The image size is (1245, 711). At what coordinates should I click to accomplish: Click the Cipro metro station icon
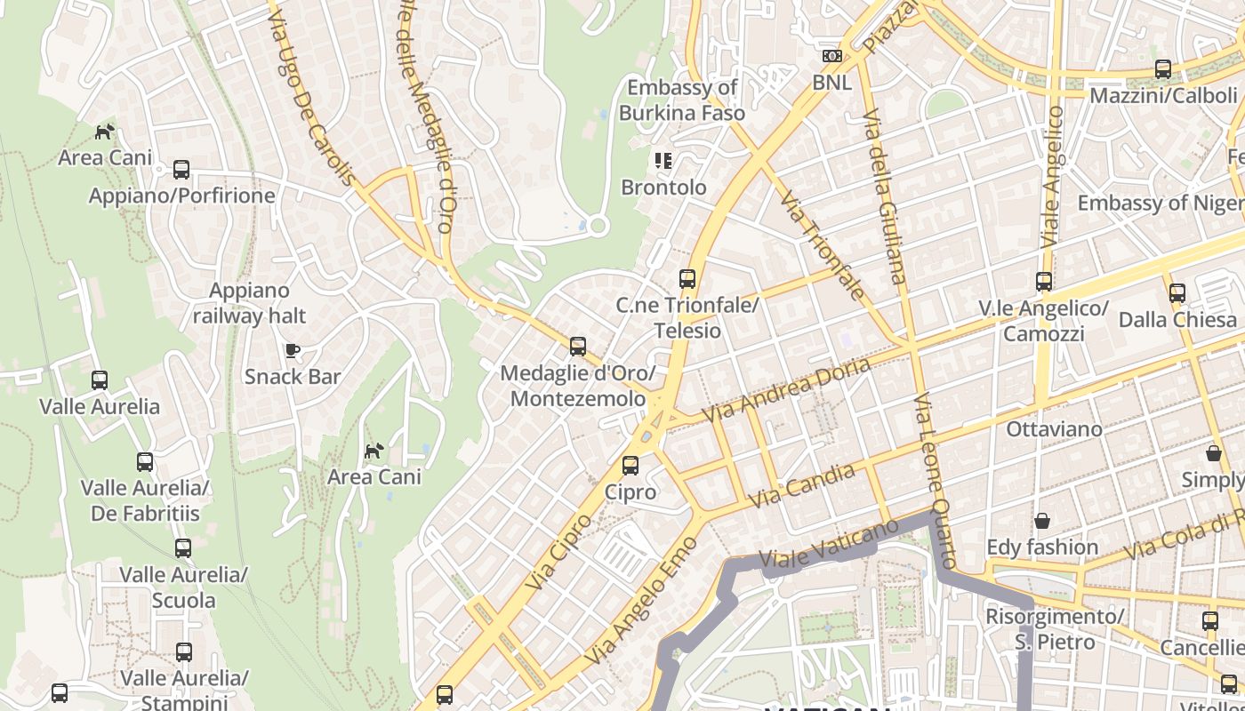click(x=631, y=465)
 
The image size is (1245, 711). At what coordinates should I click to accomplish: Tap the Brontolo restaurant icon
click(x=663, y=161)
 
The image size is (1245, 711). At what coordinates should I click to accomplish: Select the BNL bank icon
click(x=832, y=56)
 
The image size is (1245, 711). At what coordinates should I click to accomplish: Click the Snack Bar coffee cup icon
click(x=293, y=350)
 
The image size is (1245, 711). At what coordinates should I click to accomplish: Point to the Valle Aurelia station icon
click(x=100, y=380)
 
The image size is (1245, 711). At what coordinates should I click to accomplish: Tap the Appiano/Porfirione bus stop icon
click(x=181, y=169)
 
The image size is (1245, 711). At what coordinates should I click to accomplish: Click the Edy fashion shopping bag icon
click(x=1041, y=521)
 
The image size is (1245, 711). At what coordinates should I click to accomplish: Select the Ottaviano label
click(x=1054, y=429)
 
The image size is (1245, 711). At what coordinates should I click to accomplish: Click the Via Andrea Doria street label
click(x=786, y=390)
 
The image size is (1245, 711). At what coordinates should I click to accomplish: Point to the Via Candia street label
click(x=801, y=486)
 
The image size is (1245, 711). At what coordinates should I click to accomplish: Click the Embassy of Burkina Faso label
click(x=682, y=100)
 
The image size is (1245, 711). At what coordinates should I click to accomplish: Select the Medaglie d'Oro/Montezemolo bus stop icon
click(x=578, y=347)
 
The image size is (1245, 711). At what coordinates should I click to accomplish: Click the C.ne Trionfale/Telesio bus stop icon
click(x=687, y=279)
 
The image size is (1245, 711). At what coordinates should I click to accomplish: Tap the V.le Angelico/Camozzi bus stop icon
click(x=1044, y=282)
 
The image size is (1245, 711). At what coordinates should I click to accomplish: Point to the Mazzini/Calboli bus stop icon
click(x=1162, y=69)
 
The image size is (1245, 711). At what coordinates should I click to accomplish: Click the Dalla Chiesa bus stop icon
click(x=1177, y=292)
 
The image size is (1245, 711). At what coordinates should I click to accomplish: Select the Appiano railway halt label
click(x=249, y=302)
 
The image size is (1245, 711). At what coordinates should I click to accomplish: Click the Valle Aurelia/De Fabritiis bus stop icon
click(x=145, y=462)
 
